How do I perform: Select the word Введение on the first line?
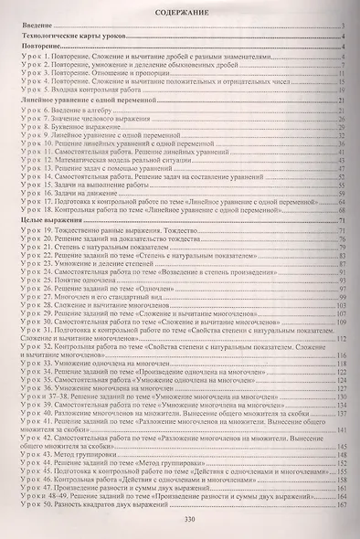coord(34,29)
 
